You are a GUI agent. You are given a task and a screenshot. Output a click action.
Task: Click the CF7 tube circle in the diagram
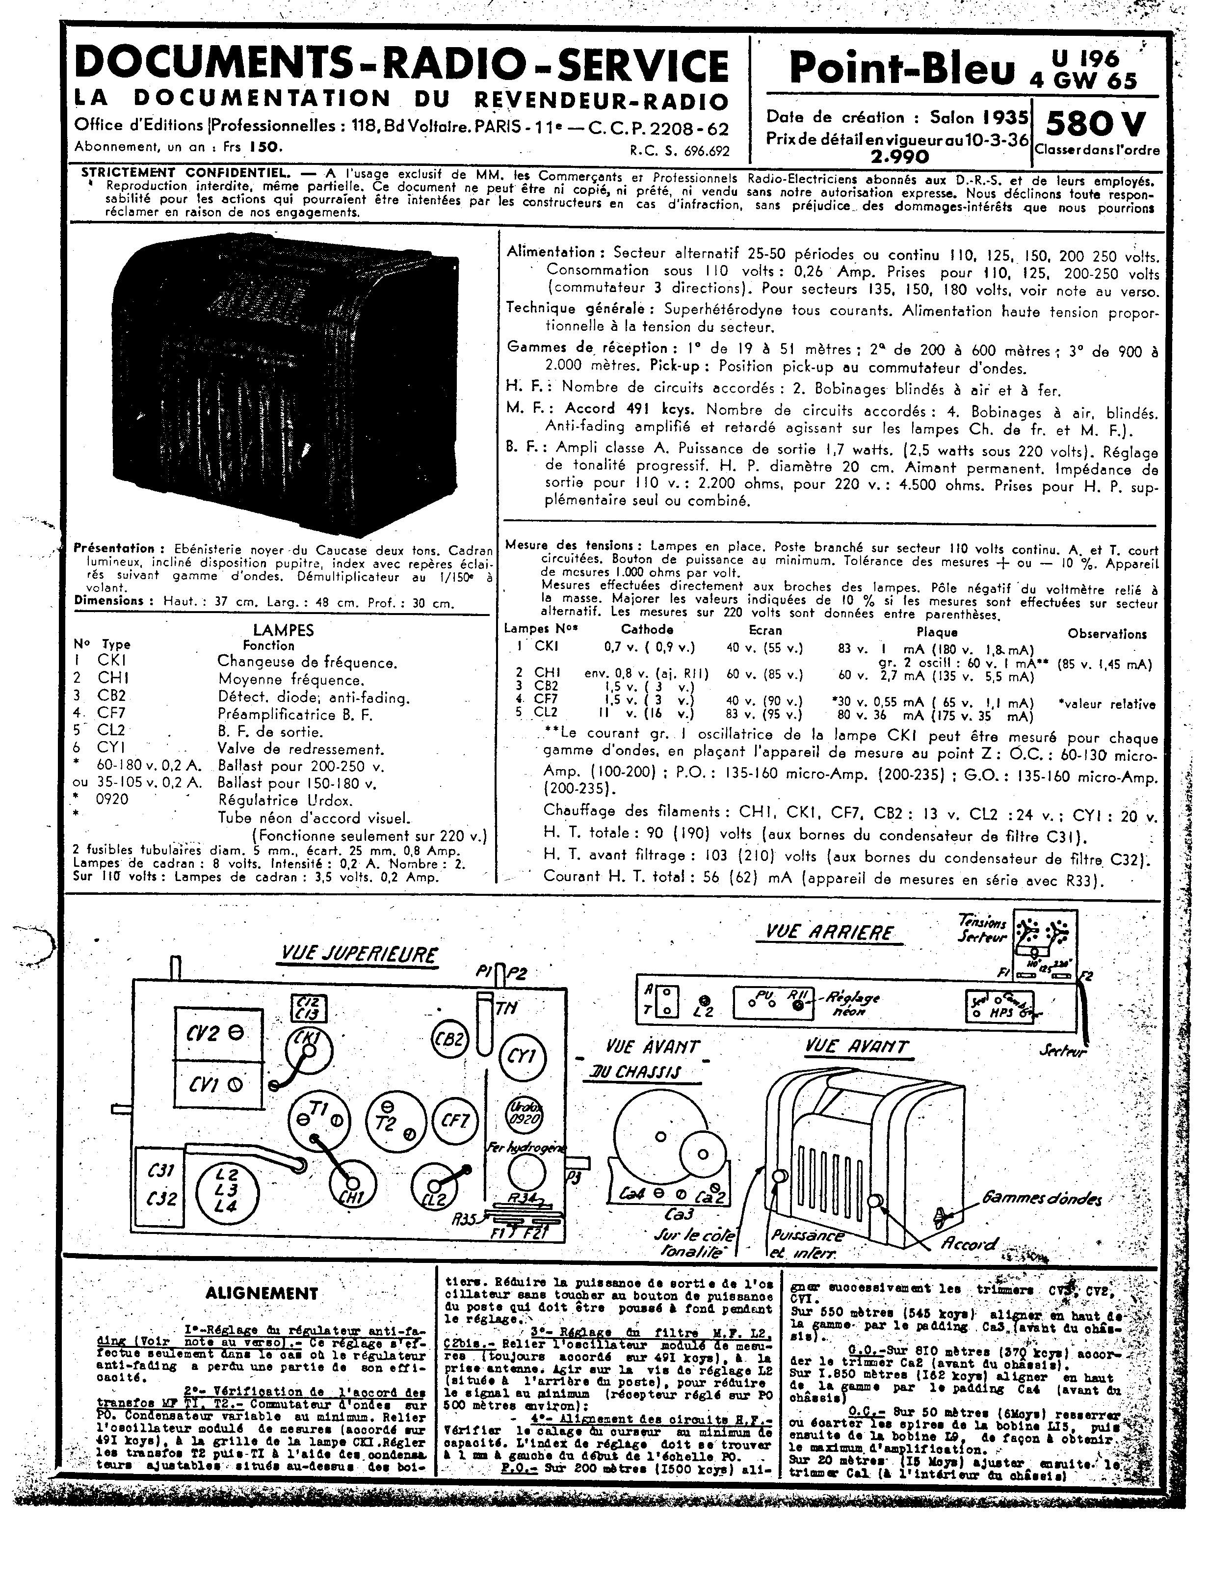tap(455, 1120)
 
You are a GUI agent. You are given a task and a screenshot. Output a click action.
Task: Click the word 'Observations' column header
tap(1107, 634)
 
